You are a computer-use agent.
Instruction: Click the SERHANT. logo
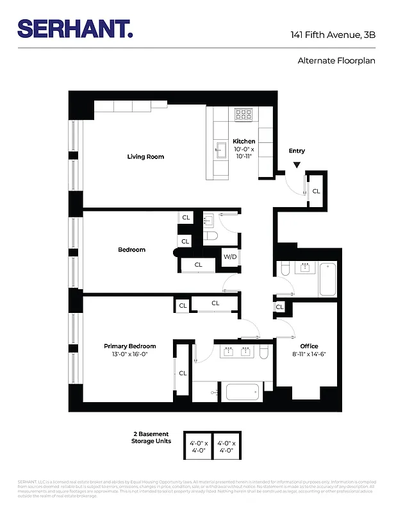click(x=75, y=28)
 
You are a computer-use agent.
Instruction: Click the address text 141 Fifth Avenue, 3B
click(x=333, y=35)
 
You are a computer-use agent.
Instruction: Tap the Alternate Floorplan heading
click(x=336, y=61)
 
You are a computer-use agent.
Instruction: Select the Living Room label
click(x=145, y=156)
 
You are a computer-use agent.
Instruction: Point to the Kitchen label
click(x=243, y=141)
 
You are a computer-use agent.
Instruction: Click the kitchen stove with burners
click(x=243, y=115)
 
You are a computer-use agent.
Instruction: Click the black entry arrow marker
click(x=297, y=165)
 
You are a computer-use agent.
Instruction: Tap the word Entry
click(x=297, y=151)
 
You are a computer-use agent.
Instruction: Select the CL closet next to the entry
click(x=316, y=191)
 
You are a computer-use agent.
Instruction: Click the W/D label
click(x=229, y=258)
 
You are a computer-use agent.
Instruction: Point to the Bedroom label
click(x=131, y=250)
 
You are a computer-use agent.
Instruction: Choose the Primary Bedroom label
click(x=130, y=346)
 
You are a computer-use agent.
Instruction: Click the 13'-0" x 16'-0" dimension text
click(x=130, y=355)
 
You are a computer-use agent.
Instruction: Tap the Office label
click(x=309, y=346)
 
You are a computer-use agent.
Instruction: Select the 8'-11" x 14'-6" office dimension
click(x=309, y=355)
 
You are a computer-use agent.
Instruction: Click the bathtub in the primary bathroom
click(x=242, y=391)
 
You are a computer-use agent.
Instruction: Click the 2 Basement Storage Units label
click(x=152, y=437)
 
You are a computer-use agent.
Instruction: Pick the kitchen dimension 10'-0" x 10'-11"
click(x=243, y=153)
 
